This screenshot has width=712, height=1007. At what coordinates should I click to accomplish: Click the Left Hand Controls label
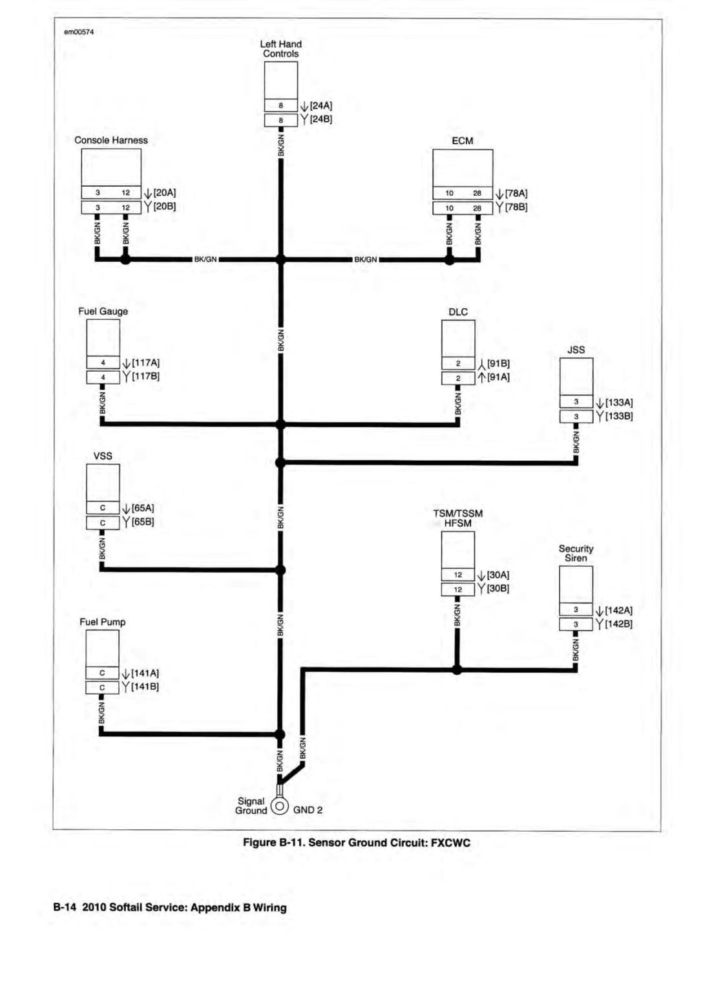click(280, 48)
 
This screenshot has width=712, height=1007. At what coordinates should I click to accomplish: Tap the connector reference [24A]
click(321, 105)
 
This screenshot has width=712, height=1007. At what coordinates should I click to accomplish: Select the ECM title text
click(462, 141)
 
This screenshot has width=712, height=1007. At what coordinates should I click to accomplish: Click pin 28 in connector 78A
click(477, 193)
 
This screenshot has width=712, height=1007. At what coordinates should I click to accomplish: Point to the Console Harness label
click(111, 140)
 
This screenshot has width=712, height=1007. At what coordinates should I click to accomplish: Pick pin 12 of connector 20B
click(125, 207)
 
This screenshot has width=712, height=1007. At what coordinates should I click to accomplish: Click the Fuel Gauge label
click(103, 311)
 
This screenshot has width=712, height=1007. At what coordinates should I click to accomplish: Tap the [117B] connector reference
click(145, 376)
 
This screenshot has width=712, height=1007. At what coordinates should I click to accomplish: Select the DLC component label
click(458, 312)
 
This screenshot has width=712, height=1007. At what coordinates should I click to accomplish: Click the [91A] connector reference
click(498, 377)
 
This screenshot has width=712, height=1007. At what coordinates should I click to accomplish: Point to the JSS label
click(576, 350)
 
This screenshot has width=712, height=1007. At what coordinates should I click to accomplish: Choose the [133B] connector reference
click(619, 416)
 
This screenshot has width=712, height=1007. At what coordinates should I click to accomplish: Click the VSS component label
click(103, 456)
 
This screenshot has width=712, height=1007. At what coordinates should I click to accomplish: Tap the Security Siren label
click(576, 553)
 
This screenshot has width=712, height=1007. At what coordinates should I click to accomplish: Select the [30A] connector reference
click(498, 575)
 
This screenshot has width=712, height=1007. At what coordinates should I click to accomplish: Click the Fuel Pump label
click(103, 622)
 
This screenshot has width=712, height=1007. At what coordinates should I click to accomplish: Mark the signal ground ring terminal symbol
click(280, 805)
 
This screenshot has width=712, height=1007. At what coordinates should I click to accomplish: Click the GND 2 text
click(308, 810)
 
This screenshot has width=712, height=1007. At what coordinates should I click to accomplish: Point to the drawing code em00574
click(79, 32)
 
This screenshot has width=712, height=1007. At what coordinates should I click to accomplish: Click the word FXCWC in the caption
click(450, 842)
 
